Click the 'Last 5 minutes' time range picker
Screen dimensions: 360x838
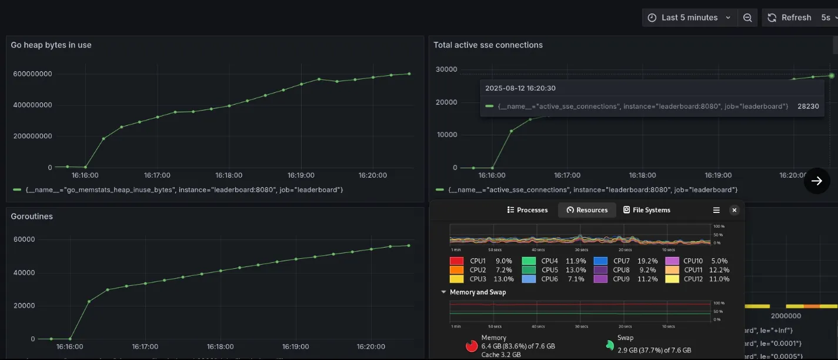pos(689,18)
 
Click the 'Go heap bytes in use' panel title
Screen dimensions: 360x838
pos(51,45)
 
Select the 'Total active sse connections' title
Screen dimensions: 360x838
pos(488,45)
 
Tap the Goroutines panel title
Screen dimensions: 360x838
pos(32,216)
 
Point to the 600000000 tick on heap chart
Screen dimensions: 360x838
pos(31,74)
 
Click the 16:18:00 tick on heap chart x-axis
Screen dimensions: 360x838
pos(228,175)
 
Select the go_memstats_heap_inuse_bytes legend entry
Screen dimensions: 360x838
pos(183,190)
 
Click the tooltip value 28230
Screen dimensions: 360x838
pos(807,106)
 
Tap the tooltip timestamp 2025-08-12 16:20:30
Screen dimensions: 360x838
pos(520,88)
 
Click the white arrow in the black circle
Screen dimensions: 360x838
pos(817,181)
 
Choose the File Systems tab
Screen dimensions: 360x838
pos(646,210)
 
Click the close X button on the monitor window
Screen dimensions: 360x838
pos(734,210)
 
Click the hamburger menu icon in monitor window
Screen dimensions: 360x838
pos(716,210)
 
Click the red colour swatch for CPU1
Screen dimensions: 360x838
pos(457,261)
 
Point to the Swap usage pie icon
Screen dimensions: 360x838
pos(610,345)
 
